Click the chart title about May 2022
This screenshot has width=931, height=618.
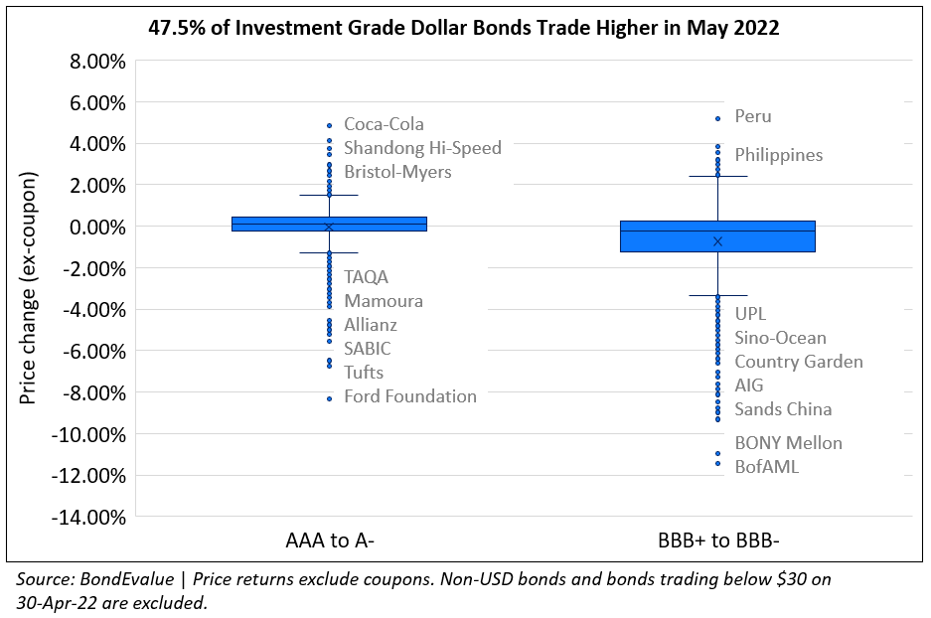[463, 28]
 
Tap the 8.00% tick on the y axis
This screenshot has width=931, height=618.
[92, 62]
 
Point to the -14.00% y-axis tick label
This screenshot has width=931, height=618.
[86, 517]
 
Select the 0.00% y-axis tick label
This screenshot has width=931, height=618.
[92, 227]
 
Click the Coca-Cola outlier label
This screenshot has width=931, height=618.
[384, 124]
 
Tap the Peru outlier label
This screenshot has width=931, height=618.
[753, 116]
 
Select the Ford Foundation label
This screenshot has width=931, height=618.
[410, 396]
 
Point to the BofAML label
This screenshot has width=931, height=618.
[766, 466]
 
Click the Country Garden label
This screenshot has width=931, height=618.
[799, 362]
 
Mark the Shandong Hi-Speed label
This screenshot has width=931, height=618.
[422, 148]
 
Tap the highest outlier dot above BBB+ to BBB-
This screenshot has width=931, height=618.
[717, 118]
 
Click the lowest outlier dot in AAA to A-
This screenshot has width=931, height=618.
[329, 398]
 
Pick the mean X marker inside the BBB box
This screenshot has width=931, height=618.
[717, 241]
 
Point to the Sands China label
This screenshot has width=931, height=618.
[783, 409]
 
